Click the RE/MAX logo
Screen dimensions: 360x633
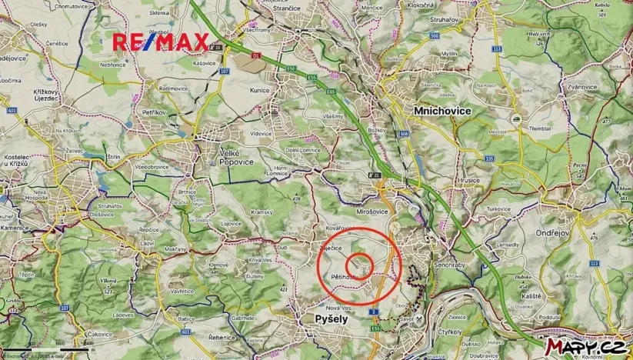coord(161,42)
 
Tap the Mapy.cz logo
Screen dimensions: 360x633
coord(585,347)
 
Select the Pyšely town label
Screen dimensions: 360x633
coord(331,318)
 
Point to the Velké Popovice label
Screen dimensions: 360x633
coord(228,157)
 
